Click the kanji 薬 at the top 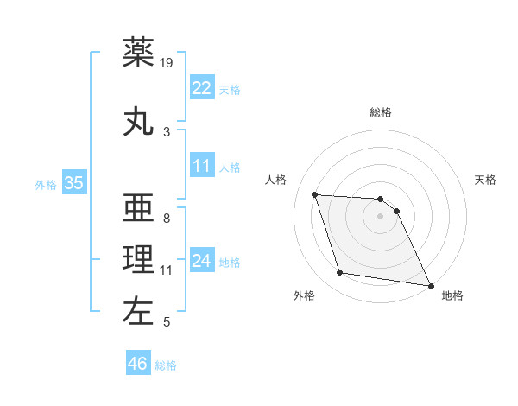(x=139, y=53)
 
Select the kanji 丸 (x=139, y=121)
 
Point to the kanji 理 (x=139, y=259)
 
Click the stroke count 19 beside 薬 (x=167, y=63)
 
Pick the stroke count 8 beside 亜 (x=167, y=218)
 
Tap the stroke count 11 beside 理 (x=167, y=270)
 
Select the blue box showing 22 (x=201, y=87)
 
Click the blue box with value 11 (x=201, y=166)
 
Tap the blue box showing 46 (x=138, y=364)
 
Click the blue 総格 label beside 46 (x=166, y=365)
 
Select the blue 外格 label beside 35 (x=46, y=184)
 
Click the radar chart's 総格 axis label (x=381, y=112)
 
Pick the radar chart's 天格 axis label (x=486, y=180)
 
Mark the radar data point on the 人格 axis (x=315, y=194)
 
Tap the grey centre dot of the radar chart (x=381, y=216)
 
